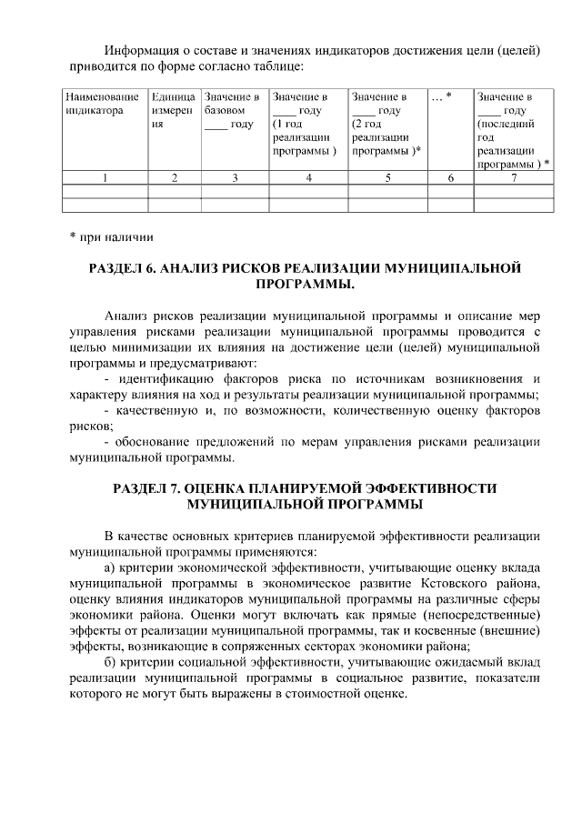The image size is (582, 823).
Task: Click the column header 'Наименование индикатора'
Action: [x=101, y=104]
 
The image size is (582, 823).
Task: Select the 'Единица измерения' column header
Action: [x=173, y=111]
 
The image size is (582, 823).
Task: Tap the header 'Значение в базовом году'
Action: [x=233, y=111]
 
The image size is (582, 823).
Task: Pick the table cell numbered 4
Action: [x=308, y=178]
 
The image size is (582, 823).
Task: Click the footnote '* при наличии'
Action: [x=112, y=237]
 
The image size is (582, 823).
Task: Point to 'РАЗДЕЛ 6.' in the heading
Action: [x=122, y=269]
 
